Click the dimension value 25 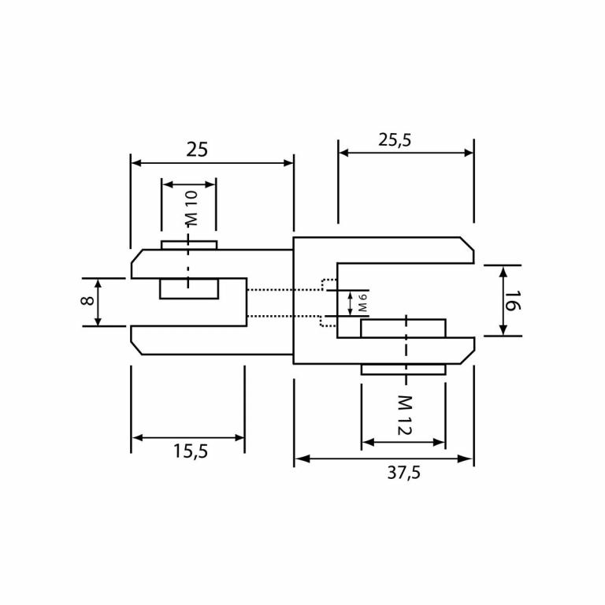point(197,149)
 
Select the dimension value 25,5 point(395,140)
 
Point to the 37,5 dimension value point(403,473)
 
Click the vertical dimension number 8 point(87,301)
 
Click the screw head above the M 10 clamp point(189,245)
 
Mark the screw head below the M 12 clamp point(403,369)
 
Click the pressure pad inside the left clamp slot point(189,288)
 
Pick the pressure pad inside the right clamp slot point(403,328)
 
